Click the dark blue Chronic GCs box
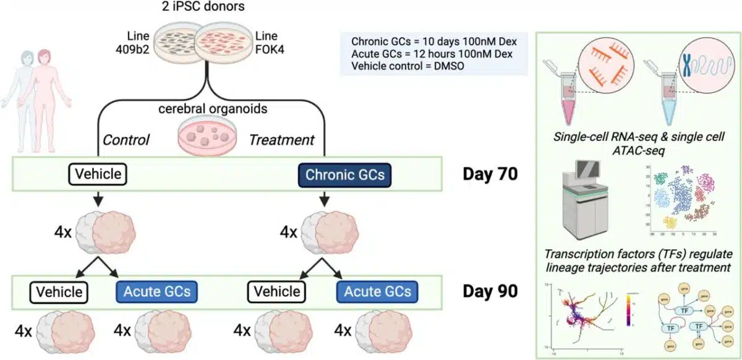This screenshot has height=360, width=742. coord(345,175)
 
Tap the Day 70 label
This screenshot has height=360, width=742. coord(490,174)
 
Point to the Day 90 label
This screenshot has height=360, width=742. coord(490,291)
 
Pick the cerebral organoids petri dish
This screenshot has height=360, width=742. coord(200,135)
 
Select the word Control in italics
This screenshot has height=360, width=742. coord(126,140)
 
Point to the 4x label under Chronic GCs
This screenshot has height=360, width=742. coord(289,233)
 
